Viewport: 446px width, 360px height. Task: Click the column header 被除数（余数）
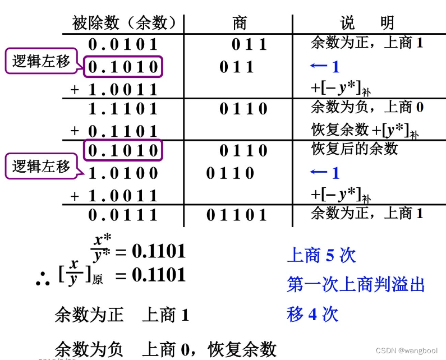pos(125,23)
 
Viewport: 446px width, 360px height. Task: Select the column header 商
pos(239,23)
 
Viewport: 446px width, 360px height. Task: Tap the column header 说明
pos(367,23)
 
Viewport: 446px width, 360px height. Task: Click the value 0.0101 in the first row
pos(123,44)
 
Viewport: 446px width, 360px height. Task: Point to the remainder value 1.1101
pos(123,109)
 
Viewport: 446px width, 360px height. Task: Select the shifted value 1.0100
pos(123,173)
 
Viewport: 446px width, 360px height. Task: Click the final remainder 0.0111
pos(123,215)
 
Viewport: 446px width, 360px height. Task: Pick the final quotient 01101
pos(237,215)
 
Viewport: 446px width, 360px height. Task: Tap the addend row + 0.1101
pos(114,131)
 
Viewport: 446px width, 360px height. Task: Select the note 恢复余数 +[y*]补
pos(365,130)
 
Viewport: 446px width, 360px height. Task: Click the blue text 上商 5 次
pos(321,256)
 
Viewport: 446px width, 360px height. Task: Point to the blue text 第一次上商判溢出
pos(356,284)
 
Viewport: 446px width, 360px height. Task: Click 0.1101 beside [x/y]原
pos(158,275)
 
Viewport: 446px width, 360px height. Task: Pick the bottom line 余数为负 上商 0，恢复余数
pos(165,349)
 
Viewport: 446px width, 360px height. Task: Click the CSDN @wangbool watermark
pos(408,350)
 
